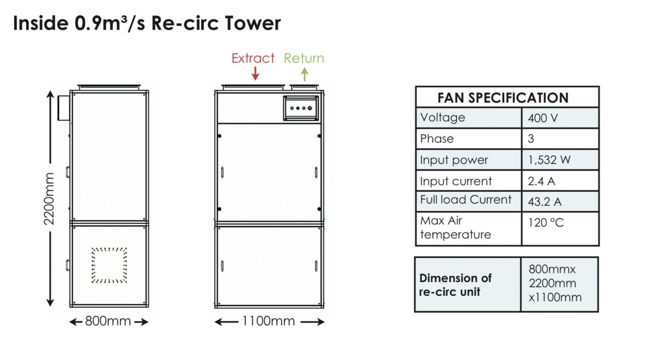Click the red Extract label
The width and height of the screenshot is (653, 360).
(253, 58)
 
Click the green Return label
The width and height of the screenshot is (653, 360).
(304, 58)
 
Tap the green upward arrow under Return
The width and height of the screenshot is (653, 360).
(304, 74)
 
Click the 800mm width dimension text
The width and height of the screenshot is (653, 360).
(108, 321)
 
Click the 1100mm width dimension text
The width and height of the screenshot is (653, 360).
(269, 321)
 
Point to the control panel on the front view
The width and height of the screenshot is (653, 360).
(301, 108)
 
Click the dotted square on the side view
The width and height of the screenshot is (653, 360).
(109, 265)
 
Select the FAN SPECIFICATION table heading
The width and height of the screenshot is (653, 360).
(503, 98)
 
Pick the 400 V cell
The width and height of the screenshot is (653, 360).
(542, 118)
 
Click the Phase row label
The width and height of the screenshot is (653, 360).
(437, 139)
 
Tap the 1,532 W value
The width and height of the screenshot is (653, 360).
(549, 160)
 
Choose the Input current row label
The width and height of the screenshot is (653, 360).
(456, 181)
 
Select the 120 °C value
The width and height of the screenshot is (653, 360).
(546, 223)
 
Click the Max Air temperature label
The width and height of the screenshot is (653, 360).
(455, 228)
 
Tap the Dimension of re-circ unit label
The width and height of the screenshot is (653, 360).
(455, 285)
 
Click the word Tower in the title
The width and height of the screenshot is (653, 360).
(253, 23)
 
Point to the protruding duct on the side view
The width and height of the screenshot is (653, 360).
(63, 108)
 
